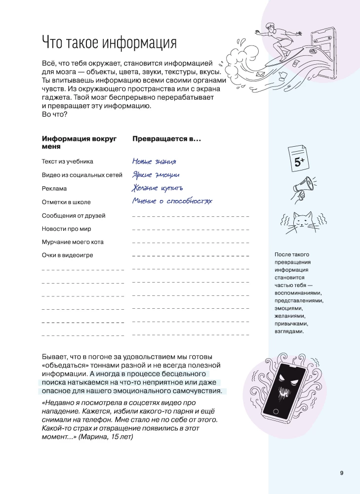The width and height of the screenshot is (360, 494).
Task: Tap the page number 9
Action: (x=342, y=473)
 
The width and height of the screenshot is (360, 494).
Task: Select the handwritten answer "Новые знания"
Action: (x=154, y=162)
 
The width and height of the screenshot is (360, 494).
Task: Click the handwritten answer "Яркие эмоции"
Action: (x=156, y=175)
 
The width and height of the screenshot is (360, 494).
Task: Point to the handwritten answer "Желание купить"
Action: (x=158, y=188)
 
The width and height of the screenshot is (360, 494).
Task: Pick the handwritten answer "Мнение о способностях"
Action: (x=172, y=201)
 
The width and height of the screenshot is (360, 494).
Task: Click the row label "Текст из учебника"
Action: (x=67, y=162)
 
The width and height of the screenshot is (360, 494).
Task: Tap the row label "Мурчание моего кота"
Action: (x=73, y=242)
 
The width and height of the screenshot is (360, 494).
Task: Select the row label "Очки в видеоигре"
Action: (x=67, y=255)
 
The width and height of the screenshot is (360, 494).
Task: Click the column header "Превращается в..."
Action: (x=166, y=139)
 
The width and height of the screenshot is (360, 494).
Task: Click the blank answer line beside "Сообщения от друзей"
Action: (x=191, y=216)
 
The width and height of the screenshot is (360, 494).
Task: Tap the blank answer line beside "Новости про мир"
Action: (x=191, y=230)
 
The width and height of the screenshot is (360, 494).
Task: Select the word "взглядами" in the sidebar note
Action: (x=289, y=331)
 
